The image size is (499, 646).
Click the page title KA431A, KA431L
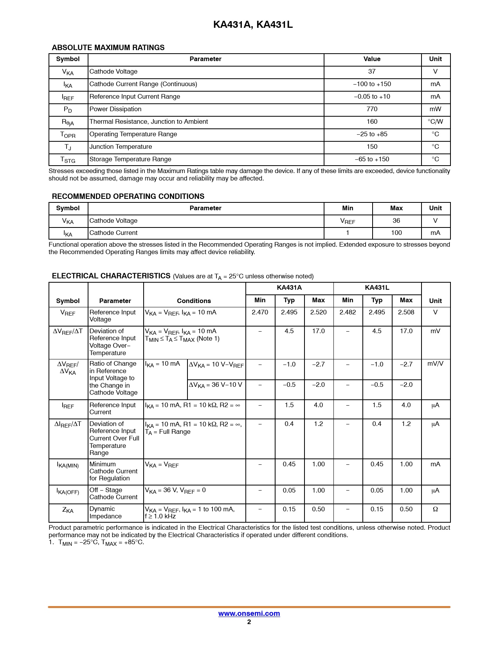tap(253, 25)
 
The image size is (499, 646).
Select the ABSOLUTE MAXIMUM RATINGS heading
tap(108, 47)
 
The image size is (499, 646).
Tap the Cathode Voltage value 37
tap(372, 72)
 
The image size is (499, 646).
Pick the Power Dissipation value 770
tap(372, 109)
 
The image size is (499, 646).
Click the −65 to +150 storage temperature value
tap(372, 159)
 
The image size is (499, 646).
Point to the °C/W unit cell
tap(435, 122)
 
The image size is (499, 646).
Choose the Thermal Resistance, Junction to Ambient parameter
tap(149, 122)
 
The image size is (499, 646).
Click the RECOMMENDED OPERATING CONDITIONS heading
tap(128, 196)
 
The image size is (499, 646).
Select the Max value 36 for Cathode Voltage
tap(396, 221)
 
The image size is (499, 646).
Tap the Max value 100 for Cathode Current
tap(396, 233)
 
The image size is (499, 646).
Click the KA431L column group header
tap(377, 288)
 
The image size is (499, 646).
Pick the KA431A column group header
tap(289, 288)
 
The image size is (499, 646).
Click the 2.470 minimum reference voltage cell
tap(260, 312)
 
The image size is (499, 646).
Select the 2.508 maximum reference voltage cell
tap(406, 312)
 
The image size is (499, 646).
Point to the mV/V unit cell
tap(435, 364)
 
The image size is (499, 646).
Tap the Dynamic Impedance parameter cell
tap(105, 512)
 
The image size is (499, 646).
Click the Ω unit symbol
tap(435, 509)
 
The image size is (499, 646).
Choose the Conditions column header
tap(194, 301)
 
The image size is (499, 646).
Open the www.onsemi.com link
tap(249, 614)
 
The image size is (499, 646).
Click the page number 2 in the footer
tap(249, 622)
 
